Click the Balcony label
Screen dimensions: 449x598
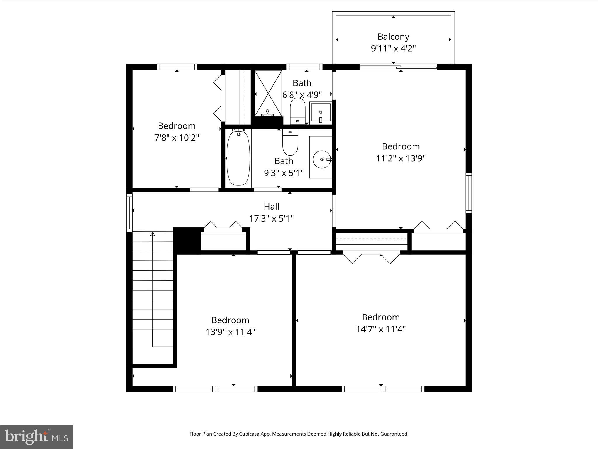(393, 37)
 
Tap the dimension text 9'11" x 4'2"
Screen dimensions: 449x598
(393, 49)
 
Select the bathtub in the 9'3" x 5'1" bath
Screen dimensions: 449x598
(238, 158)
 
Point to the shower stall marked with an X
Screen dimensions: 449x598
(268, 93)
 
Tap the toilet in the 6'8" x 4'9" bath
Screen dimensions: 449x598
(298, 111)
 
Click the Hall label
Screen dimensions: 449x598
(272, 207)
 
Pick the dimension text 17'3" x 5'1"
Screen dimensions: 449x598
(272, 219)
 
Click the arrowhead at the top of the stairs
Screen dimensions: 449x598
(152, 234)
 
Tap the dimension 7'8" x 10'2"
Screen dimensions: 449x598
(177, 138)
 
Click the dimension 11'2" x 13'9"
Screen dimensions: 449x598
(401, 158)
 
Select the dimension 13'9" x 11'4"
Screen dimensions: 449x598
(230, 332)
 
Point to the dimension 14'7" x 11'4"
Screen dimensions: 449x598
(381, 329)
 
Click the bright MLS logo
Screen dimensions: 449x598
(36, 437)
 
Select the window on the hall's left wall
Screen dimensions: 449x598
(129, 213)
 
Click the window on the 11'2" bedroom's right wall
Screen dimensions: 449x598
(468, 193)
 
